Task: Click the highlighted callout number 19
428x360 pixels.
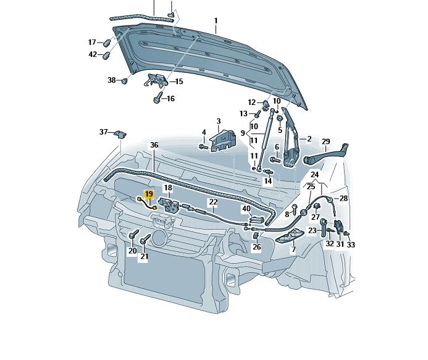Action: (148, 194)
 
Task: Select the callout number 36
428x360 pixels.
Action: (154, 144)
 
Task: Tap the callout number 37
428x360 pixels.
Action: (104, 132)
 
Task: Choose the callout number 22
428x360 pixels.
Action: (213, 202)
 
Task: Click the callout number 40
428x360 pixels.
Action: (246, 209)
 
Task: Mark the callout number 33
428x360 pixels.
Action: (351, 245)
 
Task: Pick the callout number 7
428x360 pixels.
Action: (293, 249)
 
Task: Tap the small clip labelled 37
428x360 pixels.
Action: (120, 133)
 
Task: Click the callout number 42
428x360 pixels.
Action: (93, 54)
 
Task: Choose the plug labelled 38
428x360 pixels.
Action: (125, 81)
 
